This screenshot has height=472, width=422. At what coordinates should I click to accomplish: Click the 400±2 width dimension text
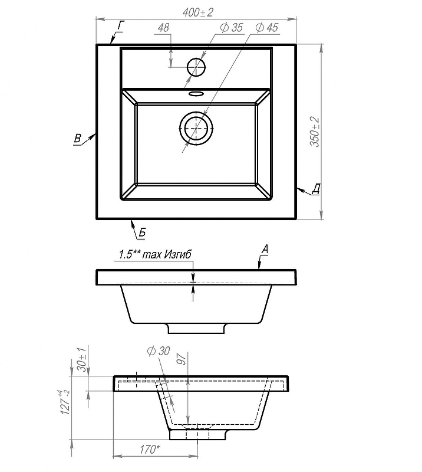click(x=197, y=12)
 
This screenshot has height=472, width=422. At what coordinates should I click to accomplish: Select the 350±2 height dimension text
click(x=315, y=131)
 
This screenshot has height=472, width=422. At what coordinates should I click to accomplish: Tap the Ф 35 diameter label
click(x=231, y=27)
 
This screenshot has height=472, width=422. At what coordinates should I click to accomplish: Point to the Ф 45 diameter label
click(x=267, y=27)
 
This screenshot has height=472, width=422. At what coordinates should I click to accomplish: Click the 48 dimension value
click(x=163, y=27)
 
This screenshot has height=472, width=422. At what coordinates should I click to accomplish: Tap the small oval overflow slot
click(x=196, y=93)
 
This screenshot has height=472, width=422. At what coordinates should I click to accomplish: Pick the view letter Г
click(x=121, y=25)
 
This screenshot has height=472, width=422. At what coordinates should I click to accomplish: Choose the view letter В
click(x=78, y=138)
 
